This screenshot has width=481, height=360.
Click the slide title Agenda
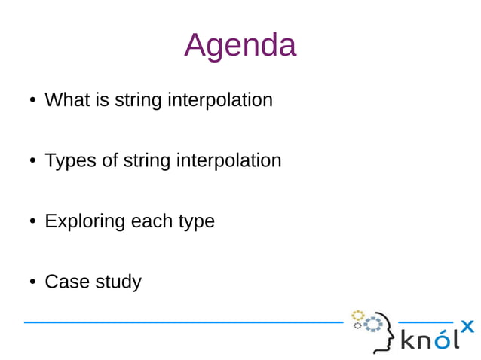click(240, 45)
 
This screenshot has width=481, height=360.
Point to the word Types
click(70, 160)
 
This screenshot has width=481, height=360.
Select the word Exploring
click(84, 221)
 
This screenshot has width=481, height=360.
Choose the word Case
click(65, 282)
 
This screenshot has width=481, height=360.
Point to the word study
click(118, 282)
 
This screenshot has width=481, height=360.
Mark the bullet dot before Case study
click(32, 282)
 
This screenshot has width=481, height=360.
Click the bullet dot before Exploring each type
click(32, 221)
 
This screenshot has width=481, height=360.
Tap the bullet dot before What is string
click(32, 100)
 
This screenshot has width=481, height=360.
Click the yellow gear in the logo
click(358, 315)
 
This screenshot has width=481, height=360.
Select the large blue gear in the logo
click(373, 325)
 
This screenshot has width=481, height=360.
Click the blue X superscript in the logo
click(467, 325)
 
